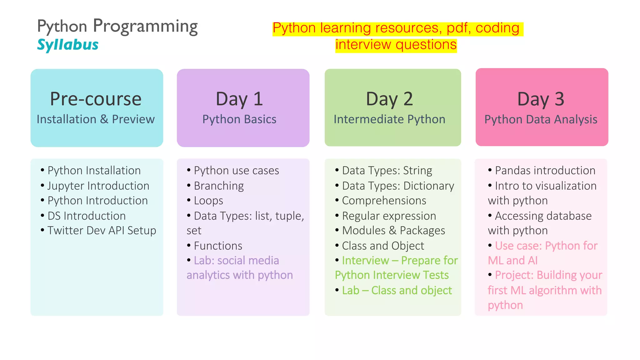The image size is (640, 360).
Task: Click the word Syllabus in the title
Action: point(67,45)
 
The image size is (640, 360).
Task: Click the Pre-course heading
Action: point(96,99)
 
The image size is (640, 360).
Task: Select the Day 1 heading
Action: point(239,99)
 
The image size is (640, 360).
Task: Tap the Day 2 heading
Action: point(389,99)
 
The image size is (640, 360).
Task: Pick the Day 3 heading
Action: point(541,99)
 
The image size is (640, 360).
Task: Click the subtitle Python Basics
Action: point(239,119)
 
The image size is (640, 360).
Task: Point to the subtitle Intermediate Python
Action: point(389,119)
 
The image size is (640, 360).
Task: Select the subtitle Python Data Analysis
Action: point(541,119)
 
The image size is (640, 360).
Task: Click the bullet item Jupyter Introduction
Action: point(98,186)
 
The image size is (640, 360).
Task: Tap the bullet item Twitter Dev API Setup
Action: point(102,231)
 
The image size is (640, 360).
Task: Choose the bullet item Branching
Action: point(219,186)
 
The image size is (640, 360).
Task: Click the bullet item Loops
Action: point(208,201)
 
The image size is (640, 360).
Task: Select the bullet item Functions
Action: point(218,246)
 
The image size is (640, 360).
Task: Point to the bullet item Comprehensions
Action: point(384,201)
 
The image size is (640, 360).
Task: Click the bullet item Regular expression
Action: point(389,216)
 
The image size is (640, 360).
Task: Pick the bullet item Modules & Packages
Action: point(393,231)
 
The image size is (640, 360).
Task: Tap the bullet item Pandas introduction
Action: point(545,171)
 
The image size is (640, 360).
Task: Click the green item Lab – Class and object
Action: point(397,291)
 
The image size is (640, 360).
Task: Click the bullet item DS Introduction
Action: point(87,216)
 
